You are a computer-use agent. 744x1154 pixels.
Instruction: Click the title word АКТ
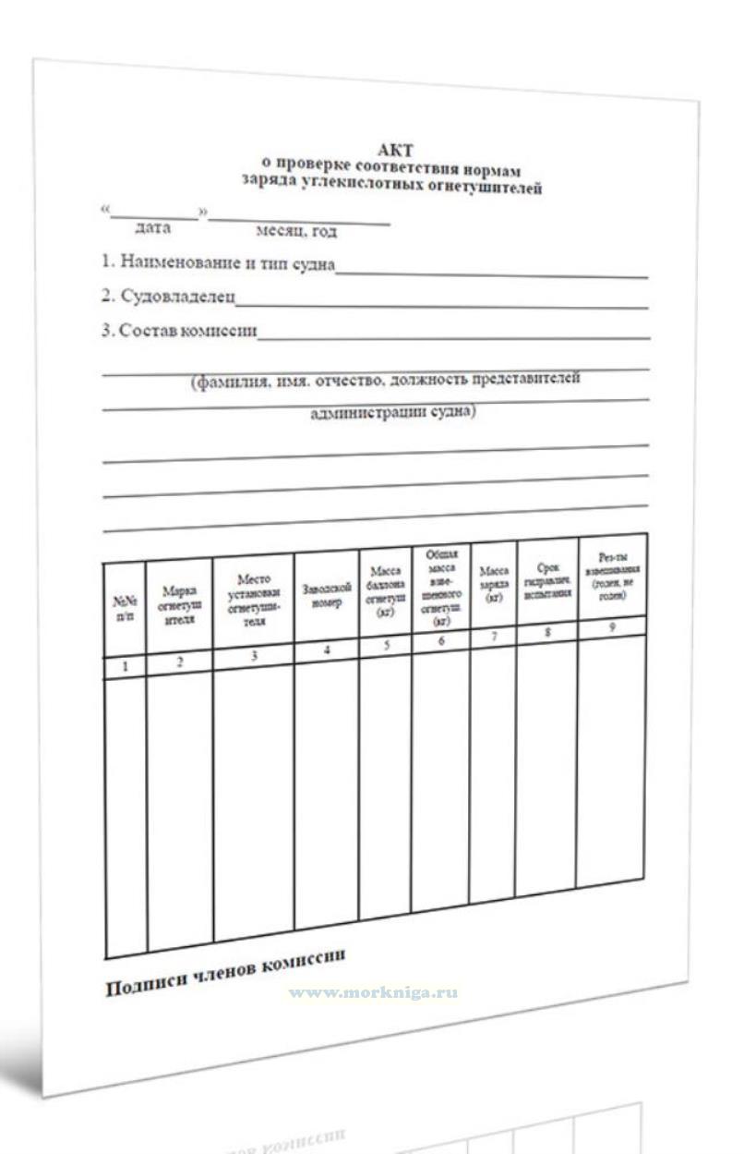click(395, 150)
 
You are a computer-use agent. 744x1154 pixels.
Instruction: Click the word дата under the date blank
click(152, 227)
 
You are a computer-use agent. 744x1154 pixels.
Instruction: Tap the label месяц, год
click(289, 231)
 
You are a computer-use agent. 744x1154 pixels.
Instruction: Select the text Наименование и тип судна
click(218, 263)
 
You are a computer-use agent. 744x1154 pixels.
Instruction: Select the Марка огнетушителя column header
click(179, 603)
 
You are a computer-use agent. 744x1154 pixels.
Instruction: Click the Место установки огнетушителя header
click(253, 600)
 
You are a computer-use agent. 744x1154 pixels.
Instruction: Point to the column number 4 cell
click(327, 650)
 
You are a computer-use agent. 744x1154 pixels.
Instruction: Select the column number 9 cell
click(611, 626)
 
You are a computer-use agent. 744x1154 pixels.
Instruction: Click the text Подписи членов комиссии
click(225, 972)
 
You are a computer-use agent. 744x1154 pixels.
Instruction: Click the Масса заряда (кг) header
click(494, 586)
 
